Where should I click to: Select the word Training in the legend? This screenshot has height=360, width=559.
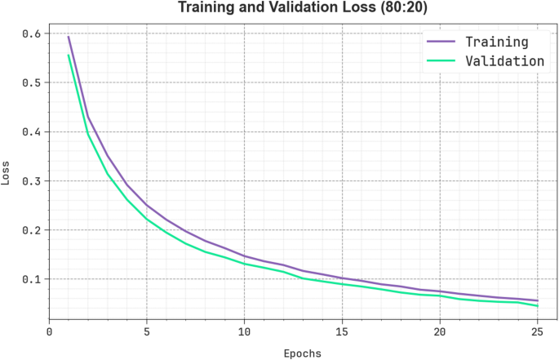pyautogui.click(x=496, y=42)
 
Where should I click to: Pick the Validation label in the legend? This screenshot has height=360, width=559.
pyautogui.click(x=504, y=60)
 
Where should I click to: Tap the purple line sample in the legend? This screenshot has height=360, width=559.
pyautogui.click(x=441, y=42)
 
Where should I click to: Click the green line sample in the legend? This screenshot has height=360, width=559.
pyautogui.click(x=441, y=60)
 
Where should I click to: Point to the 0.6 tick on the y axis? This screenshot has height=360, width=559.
pyautogui.click(x=31, y=33)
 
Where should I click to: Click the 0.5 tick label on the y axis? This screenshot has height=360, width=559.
pyautogui.click(x=31, y=82)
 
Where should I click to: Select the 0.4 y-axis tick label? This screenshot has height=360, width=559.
pyautogui.click(x=31, y=131)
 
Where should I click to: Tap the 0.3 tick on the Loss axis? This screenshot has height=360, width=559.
pyautogui.click(x=31, y=180)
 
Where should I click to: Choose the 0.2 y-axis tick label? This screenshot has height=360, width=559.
pyautogui.click(x=31, y=230)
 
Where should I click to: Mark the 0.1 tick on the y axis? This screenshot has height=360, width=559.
pyautogui.click(x=31, y=279)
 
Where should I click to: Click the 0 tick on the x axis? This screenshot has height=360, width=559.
pyautogui.click(x=49, y=332)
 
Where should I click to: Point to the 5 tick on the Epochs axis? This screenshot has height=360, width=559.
pyautogui.click(x=147, y=332)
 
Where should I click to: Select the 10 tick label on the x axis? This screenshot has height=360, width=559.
pyautogui.click(x=244, y=332)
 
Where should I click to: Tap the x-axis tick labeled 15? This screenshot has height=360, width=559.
pyautogui.click(x=342, y=332)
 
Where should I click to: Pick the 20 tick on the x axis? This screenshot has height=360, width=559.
pyautogui.click(x=440, y=332)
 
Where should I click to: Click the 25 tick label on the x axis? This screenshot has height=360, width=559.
pyautogui.click(x=537, y=332)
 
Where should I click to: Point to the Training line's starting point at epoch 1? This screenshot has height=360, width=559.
pyautogui.click(x=69, y=37)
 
